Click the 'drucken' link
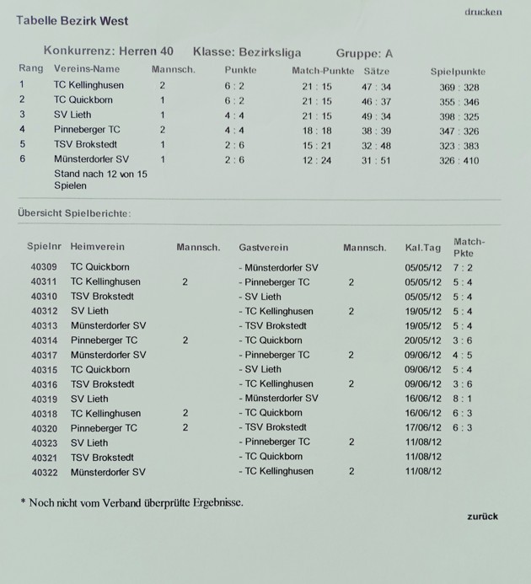point(483,12)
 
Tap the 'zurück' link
point(482,516)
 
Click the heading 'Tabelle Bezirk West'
point(72,20)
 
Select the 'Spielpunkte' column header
point(458,72)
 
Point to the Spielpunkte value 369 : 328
point(459,87)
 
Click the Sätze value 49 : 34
point(376,115)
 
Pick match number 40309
point(43,267)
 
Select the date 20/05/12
point(422,340)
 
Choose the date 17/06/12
point(422,428)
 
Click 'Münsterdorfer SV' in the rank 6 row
point(91,159)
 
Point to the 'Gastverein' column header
point(263,248)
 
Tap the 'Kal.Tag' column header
point(422,248)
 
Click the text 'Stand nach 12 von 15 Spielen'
point(100,179)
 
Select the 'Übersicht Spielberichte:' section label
point(74,213)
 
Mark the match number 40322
point(43,472)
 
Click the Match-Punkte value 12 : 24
point(317,160)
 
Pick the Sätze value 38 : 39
point(376,131)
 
